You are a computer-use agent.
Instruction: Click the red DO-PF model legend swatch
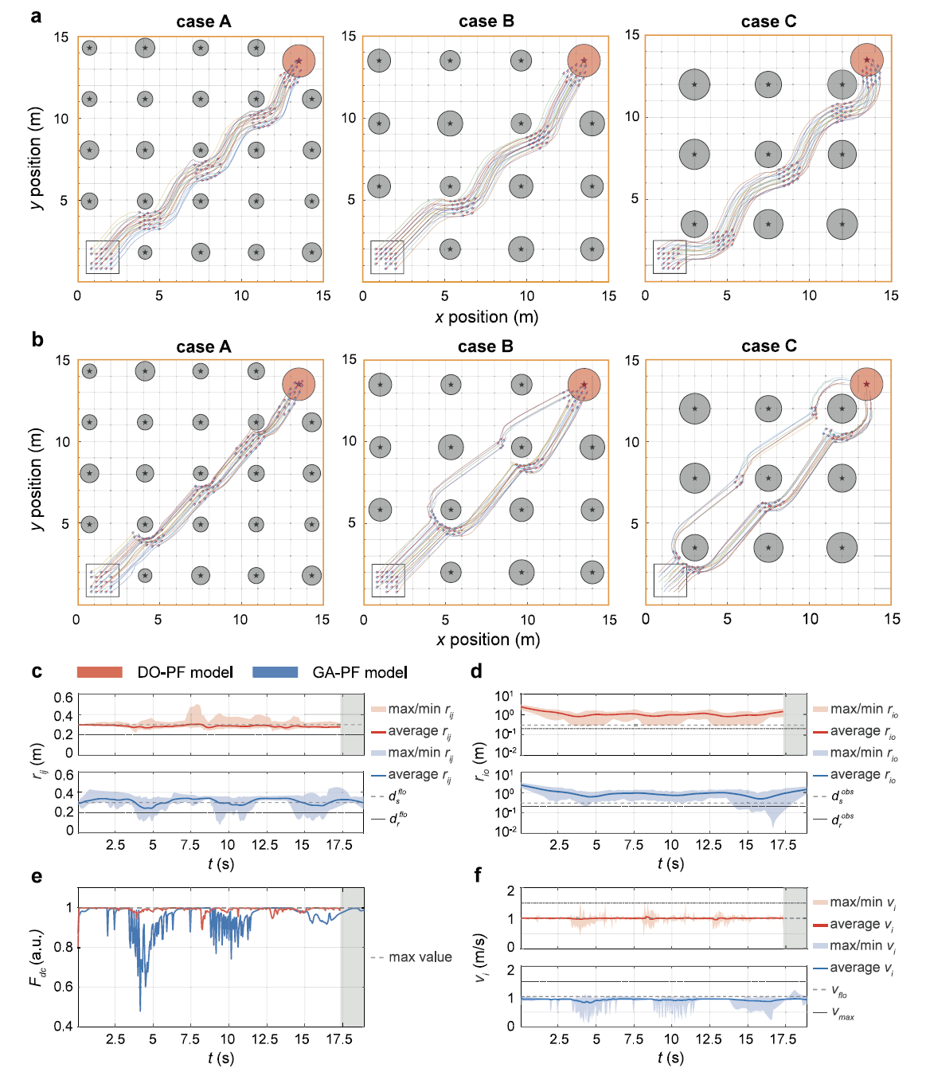click(x=100, y=672)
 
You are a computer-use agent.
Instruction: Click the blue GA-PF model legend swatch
click(x=275, y=672)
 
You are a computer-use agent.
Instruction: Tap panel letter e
click(x=36, y=877)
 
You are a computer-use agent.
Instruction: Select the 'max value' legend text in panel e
click(x=420, y=957)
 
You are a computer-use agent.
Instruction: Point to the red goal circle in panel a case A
click(x=299, y=61)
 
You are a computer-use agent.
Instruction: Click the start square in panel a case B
click(x=387, y=257)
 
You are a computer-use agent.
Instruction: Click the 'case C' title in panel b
click(x=768, y=346)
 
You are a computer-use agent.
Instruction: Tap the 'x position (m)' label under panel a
click(x=486, y=317)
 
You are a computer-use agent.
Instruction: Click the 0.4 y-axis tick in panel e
click(x=64, y=1026)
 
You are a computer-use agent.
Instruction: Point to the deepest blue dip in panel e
click(x=140, y=1010)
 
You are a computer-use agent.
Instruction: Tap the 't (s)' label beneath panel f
click(x=670, y=1058)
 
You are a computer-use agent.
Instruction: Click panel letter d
click(x=476, y=672)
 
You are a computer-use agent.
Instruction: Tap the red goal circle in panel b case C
click(x=866, y=384)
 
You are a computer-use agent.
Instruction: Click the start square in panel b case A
click(x=103, y=581)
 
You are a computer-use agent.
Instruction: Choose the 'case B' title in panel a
click(x=486, y=22)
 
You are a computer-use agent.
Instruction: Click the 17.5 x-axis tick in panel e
click(x=339, y=1039)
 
